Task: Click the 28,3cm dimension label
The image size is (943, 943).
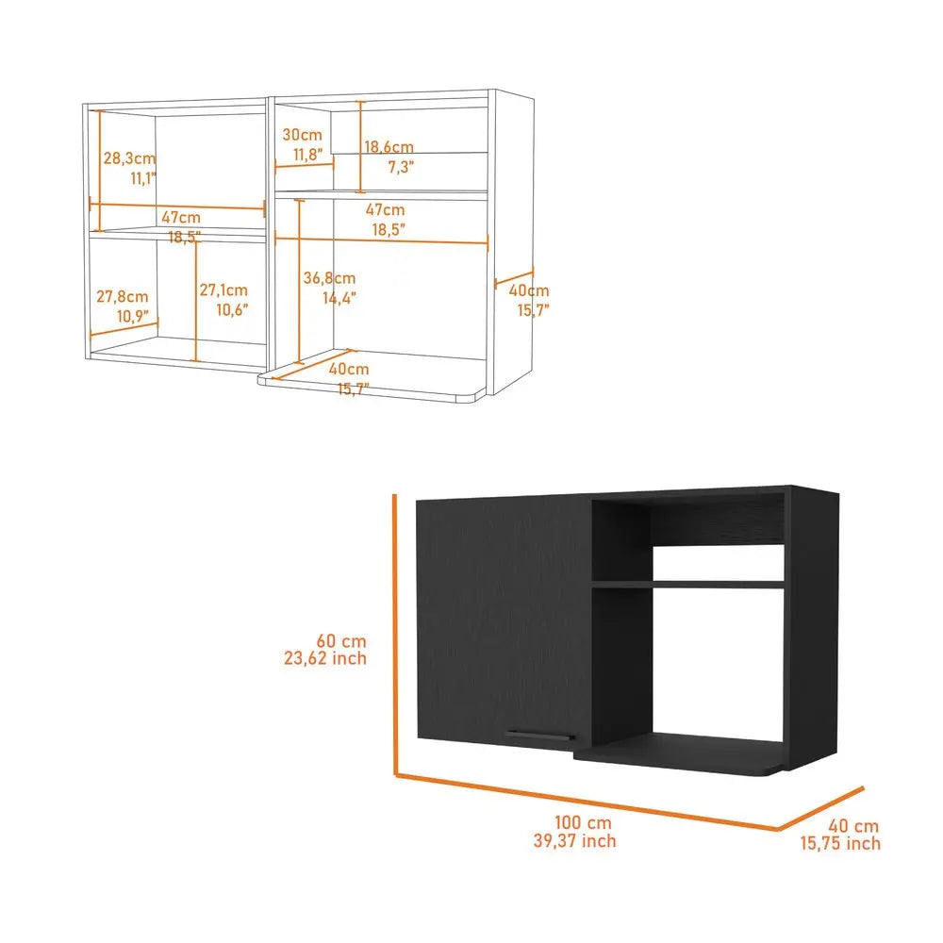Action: (129, 158)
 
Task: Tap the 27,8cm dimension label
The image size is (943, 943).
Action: (123, 297)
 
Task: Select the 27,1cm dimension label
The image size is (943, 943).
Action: (223, 290)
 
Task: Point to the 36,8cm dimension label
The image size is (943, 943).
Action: (329, 278)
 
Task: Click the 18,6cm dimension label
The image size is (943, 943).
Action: (389, 147)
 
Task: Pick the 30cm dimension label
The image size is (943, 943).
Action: (302, 135)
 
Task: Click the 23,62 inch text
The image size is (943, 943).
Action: (326, 658)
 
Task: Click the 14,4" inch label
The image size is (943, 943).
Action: (339, 298)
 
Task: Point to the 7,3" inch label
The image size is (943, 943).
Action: (400, 167)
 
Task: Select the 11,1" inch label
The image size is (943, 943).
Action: (142, 177)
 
